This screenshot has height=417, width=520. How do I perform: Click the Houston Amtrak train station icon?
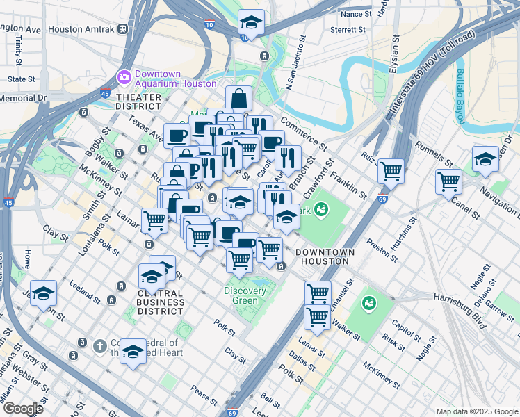(x=122, y=29)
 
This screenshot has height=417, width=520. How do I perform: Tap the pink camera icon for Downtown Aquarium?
(x=124, y=76)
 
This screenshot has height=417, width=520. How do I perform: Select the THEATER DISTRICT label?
(x=138, y=101)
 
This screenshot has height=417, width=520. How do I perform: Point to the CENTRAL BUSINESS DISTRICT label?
(x=161, y=302)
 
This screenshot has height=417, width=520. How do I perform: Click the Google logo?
(x=23, y=409)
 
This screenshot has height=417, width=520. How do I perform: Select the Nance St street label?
(x=356, y=14)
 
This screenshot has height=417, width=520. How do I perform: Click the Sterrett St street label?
(x=348, y=30)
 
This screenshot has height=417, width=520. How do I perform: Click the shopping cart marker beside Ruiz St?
(x=391, y=170)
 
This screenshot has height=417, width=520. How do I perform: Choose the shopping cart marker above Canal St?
(x=449, y=181)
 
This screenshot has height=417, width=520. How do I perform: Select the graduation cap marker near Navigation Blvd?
(x=485, y=158)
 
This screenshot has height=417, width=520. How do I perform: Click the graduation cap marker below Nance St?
(x=251, y=23)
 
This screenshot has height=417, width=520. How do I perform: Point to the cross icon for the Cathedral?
(x=100, y=345)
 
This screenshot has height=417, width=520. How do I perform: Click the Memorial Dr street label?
(x=22, y=99)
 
